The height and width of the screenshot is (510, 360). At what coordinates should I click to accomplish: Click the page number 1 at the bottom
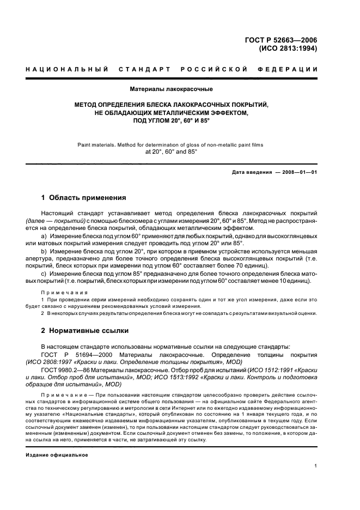pyautogui.click(x=315, y=466)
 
